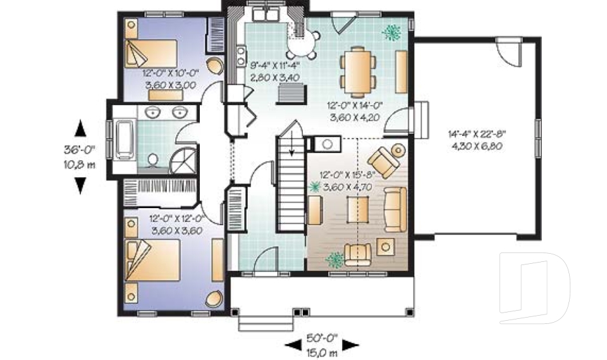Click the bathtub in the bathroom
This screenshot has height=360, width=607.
[125, 139]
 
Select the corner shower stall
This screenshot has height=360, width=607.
[183, 161]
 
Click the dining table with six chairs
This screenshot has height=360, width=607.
[358, 71]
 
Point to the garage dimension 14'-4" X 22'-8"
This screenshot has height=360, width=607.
[477, 135]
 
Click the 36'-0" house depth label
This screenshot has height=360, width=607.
[80, 149]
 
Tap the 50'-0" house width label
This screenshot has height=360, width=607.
[322, 338]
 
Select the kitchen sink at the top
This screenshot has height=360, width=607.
[266, 15]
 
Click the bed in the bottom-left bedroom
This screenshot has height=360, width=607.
[152, 260]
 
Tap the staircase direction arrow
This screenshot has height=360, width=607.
[291, 147]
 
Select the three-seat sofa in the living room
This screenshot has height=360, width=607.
[395, 209]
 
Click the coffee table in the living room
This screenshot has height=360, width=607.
[358, 209]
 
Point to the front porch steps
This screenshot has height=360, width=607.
[266, 323]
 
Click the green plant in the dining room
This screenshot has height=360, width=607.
[392, 32]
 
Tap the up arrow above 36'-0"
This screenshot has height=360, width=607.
[80, 128]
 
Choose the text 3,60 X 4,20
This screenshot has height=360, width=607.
[355, 118]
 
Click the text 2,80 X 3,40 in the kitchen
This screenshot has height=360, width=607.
[275, 77]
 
